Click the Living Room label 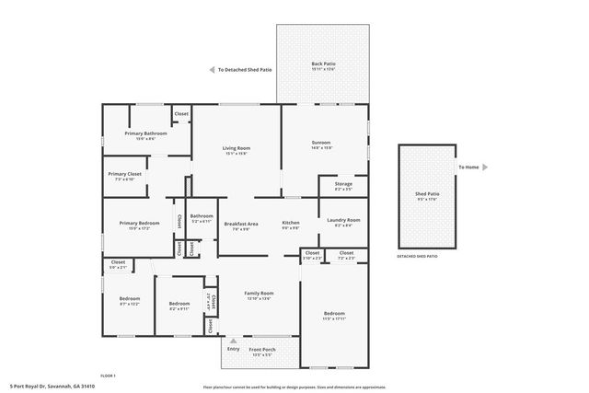tap(237, 148)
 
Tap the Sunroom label tap(321, 143)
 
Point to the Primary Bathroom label tap(145, 134)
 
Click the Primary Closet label tap(124, 174)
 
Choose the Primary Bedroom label tap(133, 223)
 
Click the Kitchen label tap(291, 224)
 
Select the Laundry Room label tap(343, 221)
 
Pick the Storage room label tap(343, 184)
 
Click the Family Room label tap(259, 294)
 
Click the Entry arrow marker tap(233, 341)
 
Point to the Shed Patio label tap(427, 195)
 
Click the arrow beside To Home tap(485, 167)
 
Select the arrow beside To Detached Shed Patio tap(211, 69)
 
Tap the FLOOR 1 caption tap(109, 376)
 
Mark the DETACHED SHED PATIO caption tap(418, 256)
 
